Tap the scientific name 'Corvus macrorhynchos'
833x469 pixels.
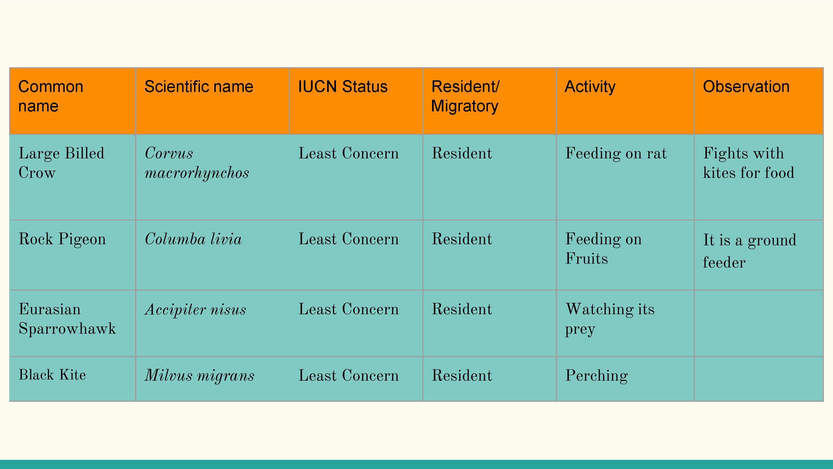197,163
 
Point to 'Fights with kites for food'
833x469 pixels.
749,163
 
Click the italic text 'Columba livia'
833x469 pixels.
193,239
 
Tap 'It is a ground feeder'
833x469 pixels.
750,251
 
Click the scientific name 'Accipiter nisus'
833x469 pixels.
195,310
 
